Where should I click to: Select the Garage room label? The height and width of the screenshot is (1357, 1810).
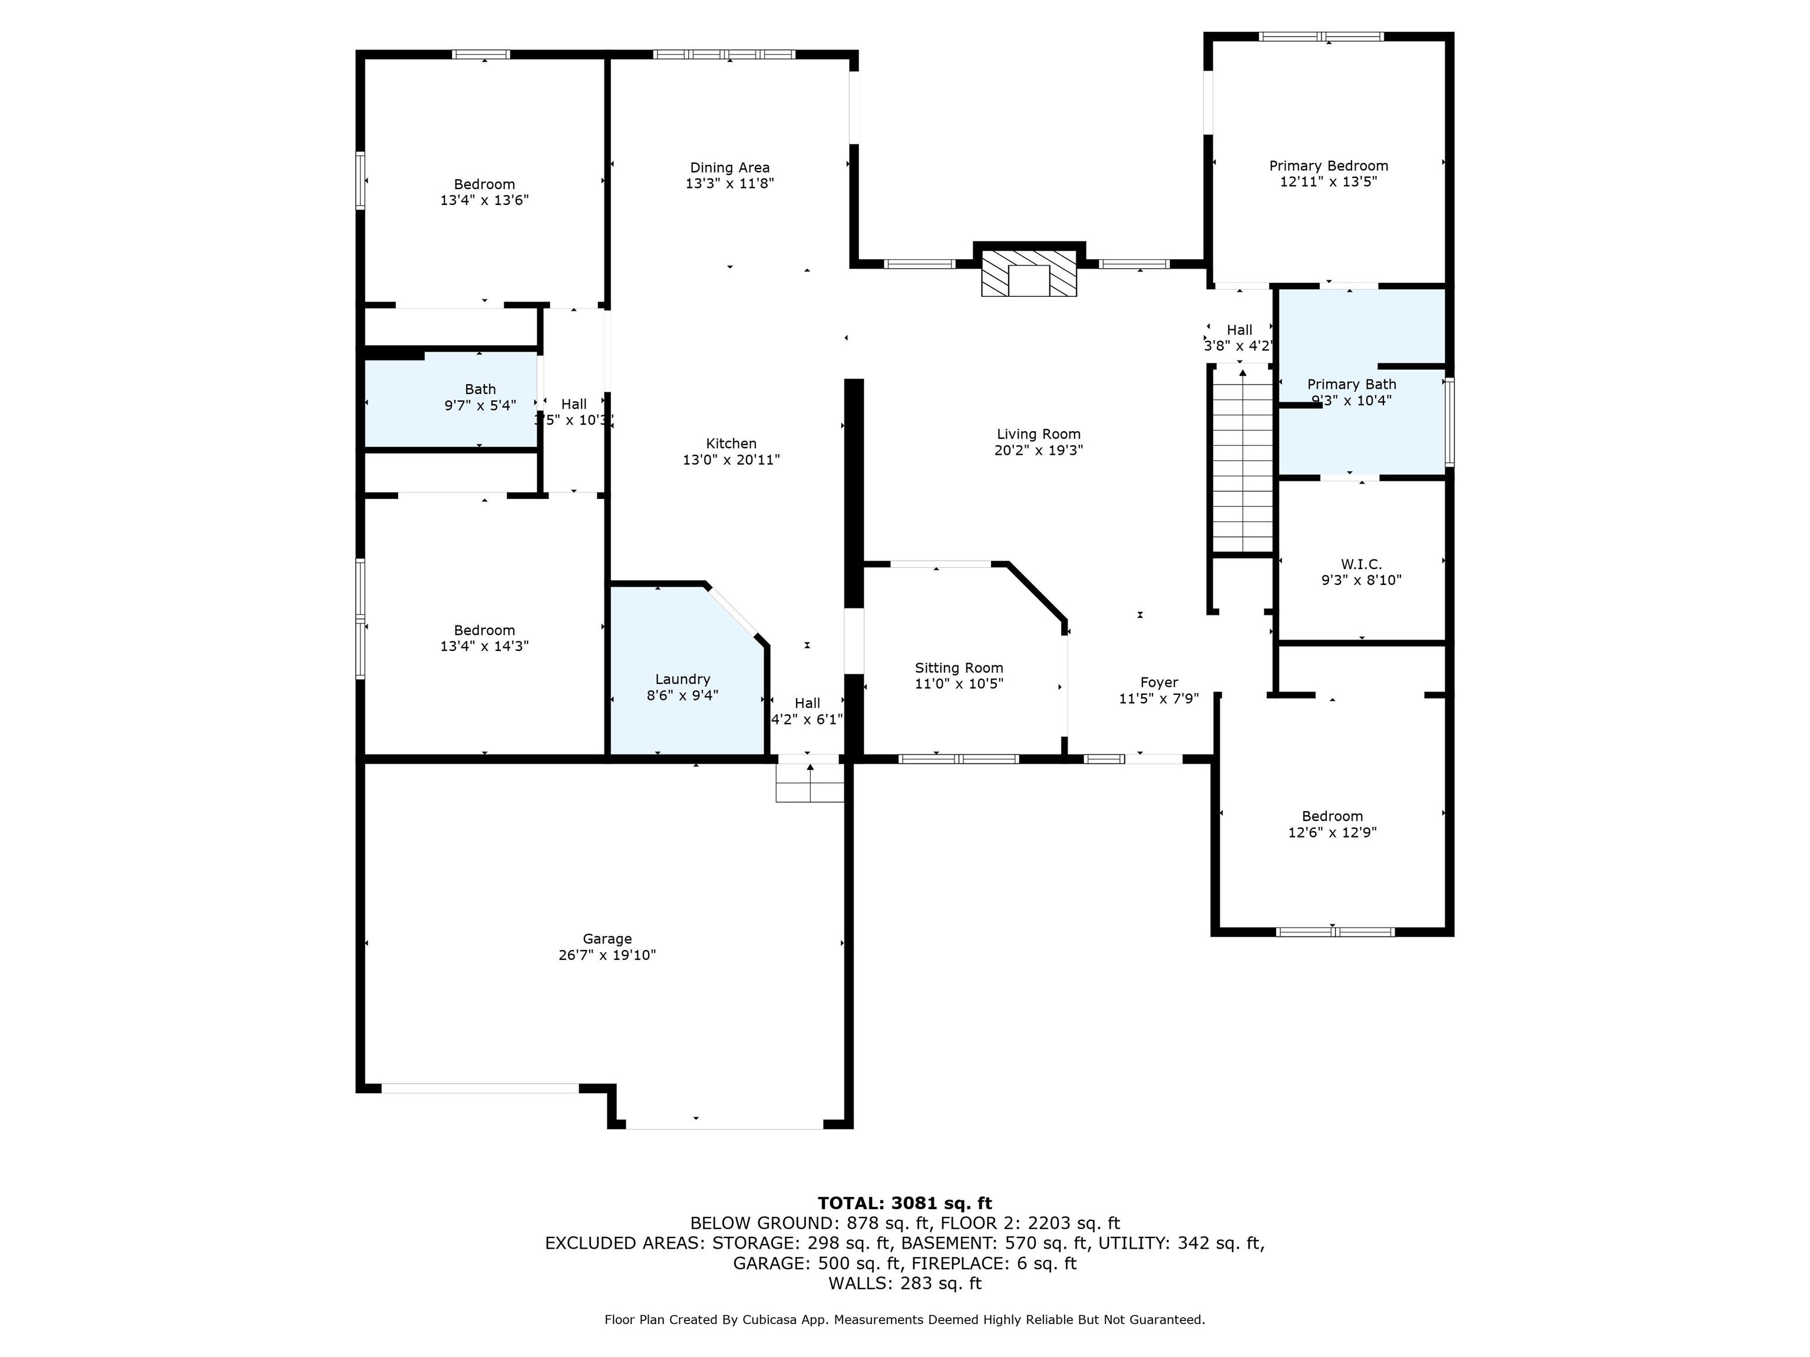click(607, 939)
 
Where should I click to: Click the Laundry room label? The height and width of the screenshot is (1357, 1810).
click(682, 679)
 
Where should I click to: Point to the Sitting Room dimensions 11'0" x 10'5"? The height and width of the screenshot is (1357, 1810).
click(959, 684)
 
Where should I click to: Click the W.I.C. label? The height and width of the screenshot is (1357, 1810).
click(1362, 564)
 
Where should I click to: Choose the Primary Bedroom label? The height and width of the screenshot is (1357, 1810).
click(1329, 166)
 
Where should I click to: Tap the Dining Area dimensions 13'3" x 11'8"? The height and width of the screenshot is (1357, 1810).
click(730, 184)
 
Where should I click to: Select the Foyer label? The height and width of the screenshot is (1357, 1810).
click(1160, 682)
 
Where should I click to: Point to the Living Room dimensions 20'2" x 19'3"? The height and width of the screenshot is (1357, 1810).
click(1038, 450)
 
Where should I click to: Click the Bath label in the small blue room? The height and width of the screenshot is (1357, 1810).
click(480, 389)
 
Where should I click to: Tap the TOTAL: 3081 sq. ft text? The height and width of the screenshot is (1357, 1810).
click(905, 1203)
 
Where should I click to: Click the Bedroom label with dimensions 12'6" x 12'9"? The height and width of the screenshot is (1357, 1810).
click(1332, 816)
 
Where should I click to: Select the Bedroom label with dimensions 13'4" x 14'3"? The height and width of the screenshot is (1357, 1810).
click(484, 630)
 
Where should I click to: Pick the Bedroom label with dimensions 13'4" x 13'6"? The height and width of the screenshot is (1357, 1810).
click(484, 184)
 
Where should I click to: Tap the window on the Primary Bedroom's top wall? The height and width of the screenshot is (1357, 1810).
click(1322, 37)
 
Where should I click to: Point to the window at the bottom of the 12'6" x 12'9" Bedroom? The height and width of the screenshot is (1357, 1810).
click(1336, 932)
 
